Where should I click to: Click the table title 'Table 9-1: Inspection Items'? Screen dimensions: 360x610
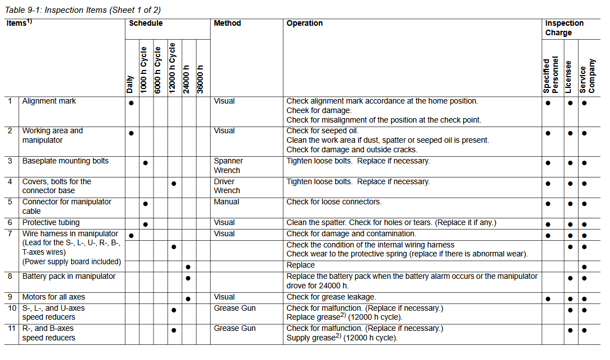coord(81,10)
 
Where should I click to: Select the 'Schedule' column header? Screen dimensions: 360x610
coord(146,24)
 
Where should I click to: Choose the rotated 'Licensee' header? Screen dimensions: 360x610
coord(569,76)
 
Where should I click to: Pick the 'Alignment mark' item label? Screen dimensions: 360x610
coord(49,101)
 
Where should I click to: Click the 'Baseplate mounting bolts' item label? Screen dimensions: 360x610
coord(66,161)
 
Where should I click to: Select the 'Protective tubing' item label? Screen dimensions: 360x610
coord(51,223)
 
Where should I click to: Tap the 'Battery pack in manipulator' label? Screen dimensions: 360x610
coord(69,277)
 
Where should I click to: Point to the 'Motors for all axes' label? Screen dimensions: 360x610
coord(54,297)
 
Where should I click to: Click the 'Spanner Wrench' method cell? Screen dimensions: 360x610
coord(227,166)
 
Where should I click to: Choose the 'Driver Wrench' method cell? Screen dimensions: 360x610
coord(227,186)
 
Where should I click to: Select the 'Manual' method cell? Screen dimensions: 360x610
coord(226,202)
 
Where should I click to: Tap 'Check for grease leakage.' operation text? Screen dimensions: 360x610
coord(331,297)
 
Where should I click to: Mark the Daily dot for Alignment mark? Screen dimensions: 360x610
coord(131,103)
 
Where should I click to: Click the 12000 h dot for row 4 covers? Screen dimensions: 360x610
coord(174,184)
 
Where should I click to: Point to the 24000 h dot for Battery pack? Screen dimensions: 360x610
coord(188,278)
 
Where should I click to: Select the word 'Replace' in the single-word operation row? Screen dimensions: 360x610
coord(301,265)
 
